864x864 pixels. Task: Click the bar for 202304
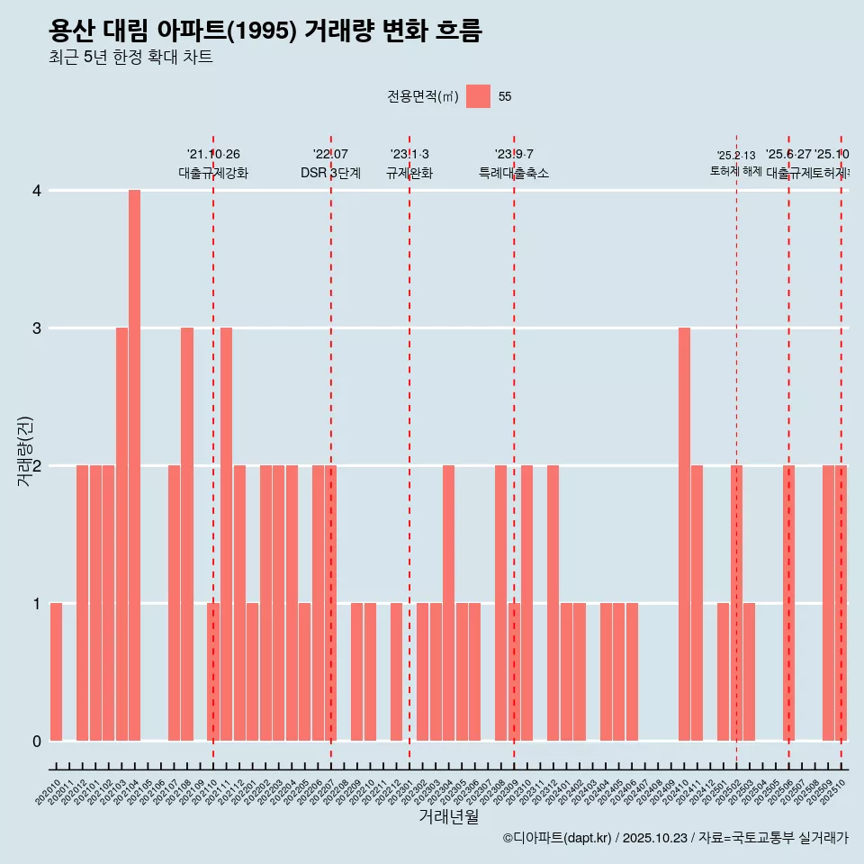[448, 603]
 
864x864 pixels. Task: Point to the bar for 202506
[788, 603]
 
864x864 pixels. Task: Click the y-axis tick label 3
[37, 328]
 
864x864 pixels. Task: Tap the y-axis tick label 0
[37, 742]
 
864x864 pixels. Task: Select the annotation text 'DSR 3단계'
[330, 173]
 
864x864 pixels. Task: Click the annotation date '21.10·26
[213, 154]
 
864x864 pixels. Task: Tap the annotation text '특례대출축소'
[513, 173]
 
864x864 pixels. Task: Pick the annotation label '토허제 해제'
[735, 170]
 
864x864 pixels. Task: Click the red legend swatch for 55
[478, 96]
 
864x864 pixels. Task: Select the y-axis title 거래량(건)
[25, 450]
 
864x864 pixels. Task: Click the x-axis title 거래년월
[448, 816]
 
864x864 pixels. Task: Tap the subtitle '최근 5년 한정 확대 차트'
[130, 58]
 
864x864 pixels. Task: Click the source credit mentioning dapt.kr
[675, 838]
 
